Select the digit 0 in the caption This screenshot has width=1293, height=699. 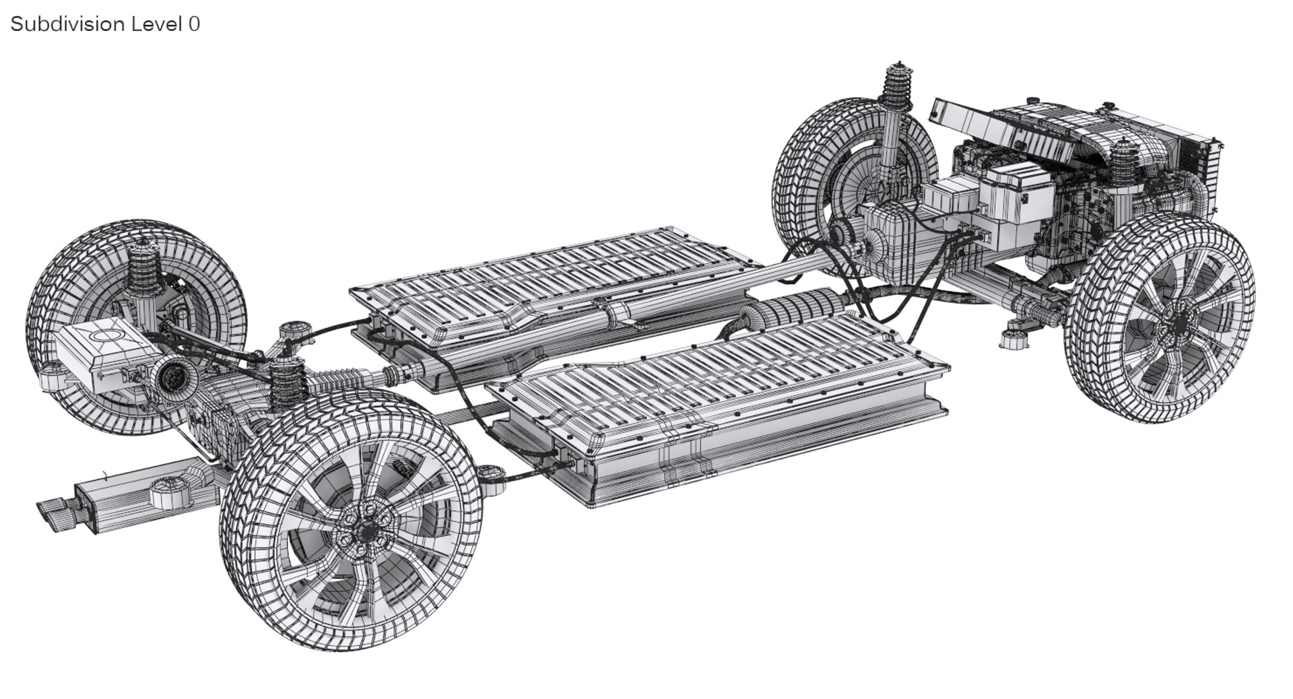(194, 24)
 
